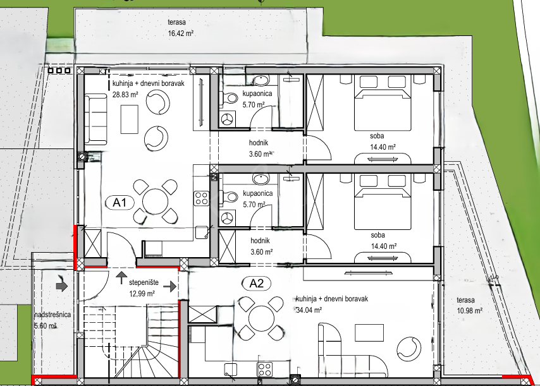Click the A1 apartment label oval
[x=119, y=203]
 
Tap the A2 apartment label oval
[x=256, y=284]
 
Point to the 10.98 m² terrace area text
[x=469, y=311]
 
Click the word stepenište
[x=144, y=282]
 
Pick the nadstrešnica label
[x=52, y=315]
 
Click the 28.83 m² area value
[x=125, y=94]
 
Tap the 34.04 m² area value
[x=309, y=310]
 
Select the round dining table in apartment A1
[x=156, y=202]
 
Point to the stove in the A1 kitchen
[x=202, y=198]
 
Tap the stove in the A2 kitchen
[x=265, y=370]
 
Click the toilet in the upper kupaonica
[x=230, y=98]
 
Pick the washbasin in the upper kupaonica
[x=262, y=81]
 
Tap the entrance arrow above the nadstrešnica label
[x=61, y=286]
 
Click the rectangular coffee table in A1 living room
[x=129, y=119]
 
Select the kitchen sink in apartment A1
[x=202, y=232]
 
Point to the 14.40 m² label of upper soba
[x=383, y=147]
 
